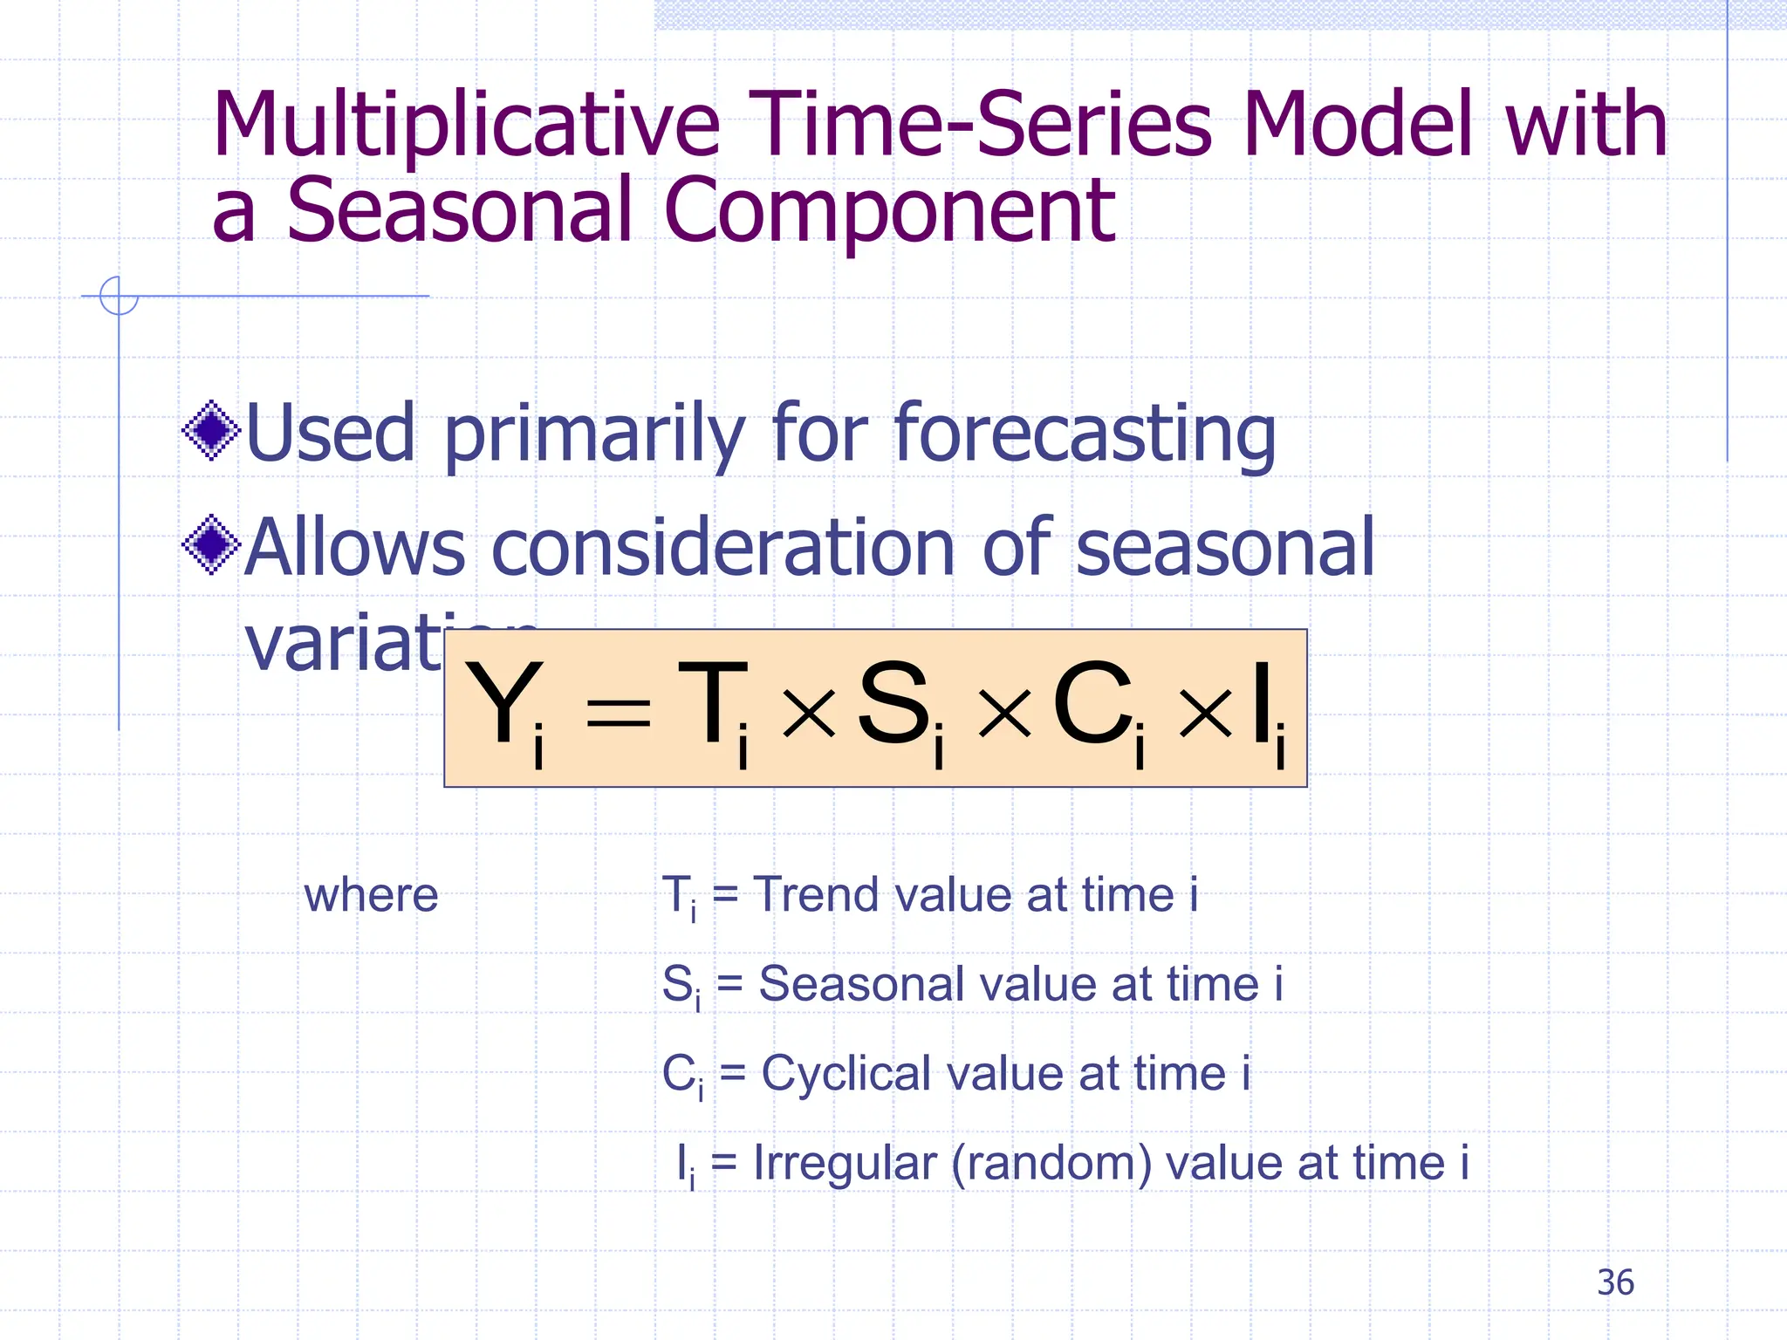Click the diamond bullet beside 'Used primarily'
pos(211,430)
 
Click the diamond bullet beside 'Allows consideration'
pos(211,545)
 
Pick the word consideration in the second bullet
pos(724,548)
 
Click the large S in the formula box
pos(893,703)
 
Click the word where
pos(371,896)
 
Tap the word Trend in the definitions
pos(817,895)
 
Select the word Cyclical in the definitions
pos(846,1073)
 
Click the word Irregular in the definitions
pos(844,1164)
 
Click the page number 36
pos(1615,1282)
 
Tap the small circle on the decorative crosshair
pos(119,296)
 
